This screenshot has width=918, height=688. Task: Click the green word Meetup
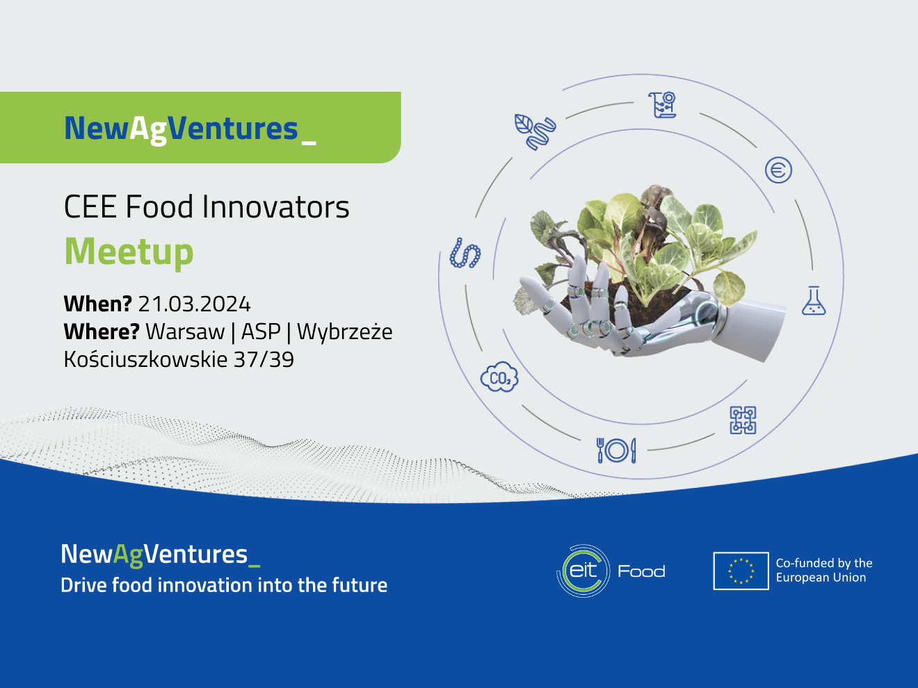pyautogui.click(x=129, y=252)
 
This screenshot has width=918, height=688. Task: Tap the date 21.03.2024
pyautogui.click(x=195, y=304)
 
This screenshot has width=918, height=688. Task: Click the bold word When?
pyautogui.click(x=98, y=304)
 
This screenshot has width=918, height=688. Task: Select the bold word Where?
pyautogui.click(x=102, y=332)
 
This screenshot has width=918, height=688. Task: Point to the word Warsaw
pyautogui.click(x=185, y=332)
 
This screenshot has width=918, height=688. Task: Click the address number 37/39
pyautogui.click(x=264, y=360)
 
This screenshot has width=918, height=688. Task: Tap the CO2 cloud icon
pyautogui.click(x=499, y=377)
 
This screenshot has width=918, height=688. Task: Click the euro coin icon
pyautogui.click(x=778, y=170)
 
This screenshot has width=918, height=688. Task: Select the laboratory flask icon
pyautogui.click(x=814, y=300)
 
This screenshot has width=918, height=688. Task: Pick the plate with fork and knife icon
pyautogui.click(x=616, y=450)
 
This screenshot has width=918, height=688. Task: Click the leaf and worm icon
pyautogui.click(x=535, y=131)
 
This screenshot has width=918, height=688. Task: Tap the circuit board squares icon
pyautogui.click(x=743, y=420)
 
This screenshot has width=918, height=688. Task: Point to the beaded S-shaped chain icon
pyautogui.click(x=465, y=253)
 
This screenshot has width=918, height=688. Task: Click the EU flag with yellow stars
pyautogui.click(x=741, y=571)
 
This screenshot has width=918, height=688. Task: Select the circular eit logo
pyautogui.click(x=583, y=571)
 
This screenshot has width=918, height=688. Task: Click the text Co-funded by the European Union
pyautogui.click(x=824, y=570)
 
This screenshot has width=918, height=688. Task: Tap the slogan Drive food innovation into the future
pyautogui.click(x=224, y=585)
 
